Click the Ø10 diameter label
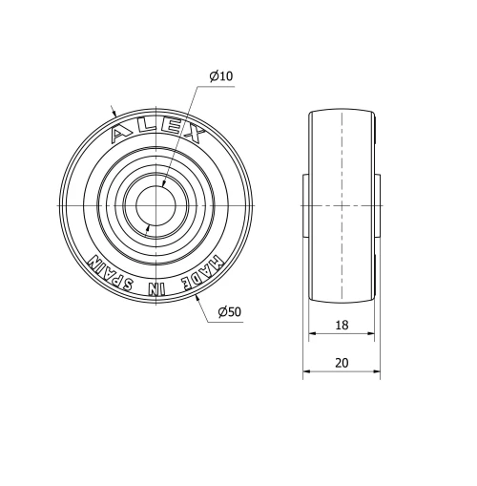point(220,75)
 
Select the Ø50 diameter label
point(229,312)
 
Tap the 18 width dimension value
point(342,326)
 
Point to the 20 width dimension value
point(342,363)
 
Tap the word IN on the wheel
point(158,289)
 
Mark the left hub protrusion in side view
point(305,206)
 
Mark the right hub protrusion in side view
point(380,206)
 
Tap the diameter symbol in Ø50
point(221,312)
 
